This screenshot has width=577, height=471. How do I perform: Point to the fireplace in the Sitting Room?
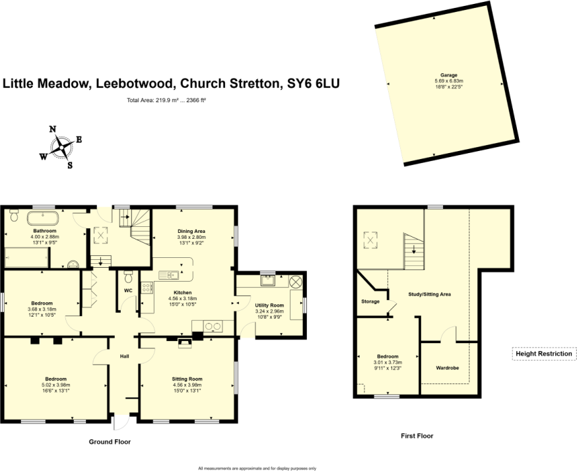184,340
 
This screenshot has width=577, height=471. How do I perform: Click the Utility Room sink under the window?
267,281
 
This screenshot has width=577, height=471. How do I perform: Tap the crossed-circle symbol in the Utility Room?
295,281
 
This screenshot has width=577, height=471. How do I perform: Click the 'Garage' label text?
449,75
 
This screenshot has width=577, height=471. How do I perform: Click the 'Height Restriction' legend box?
544,354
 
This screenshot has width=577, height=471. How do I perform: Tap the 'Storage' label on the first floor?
370,301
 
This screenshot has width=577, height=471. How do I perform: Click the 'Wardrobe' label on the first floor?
447,367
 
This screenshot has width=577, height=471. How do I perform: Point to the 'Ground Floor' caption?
110,442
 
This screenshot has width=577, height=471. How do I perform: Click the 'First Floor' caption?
417,436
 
